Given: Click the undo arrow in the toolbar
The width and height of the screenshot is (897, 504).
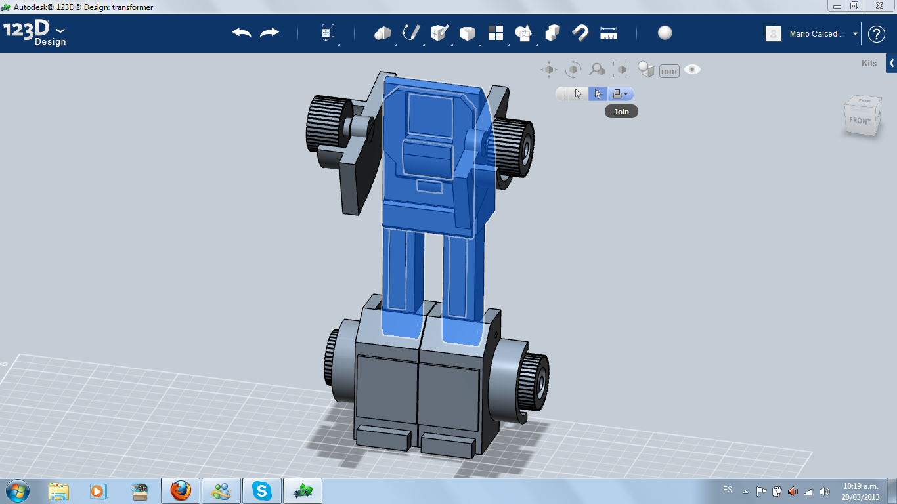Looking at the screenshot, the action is [x=242, y=33].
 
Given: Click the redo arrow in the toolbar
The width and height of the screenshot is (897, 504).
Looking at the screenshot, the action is [x=269, y=33].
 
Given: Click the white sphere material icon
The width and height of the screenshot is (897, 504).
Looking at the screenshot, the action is [x=665, y=33].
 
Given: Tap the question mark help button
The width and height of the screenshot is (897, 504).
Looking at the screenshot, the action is [x=876, y=34].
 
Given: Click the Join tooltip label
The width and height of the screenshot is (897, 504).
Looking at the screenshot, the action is [x=621, y=112].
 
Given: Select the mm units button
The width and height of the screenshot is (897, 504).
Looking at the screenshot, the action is [x=669, y=72].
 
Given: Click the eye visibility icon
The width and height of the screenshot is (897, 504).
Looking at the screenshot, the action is [x=692, y=70].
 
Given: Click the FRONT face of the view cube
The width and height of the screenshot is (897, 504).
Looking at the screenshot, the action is [x=860, y=121].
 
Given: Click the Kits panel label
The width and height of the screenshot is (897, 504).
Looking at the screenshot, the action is [x=869, y=63].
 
